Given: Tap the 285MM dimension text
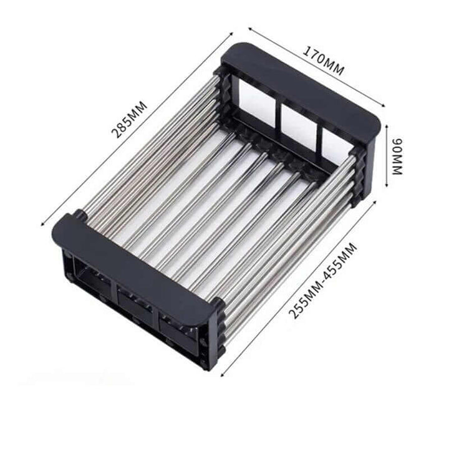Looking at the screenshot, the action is pos(130,119).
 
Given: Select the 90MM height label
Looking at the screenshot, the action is pos(397,157).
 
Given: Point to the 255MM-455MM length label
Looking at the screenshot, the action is pos(324,281).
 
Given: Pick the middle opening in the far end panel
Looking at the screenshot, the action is pos(299,124).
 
